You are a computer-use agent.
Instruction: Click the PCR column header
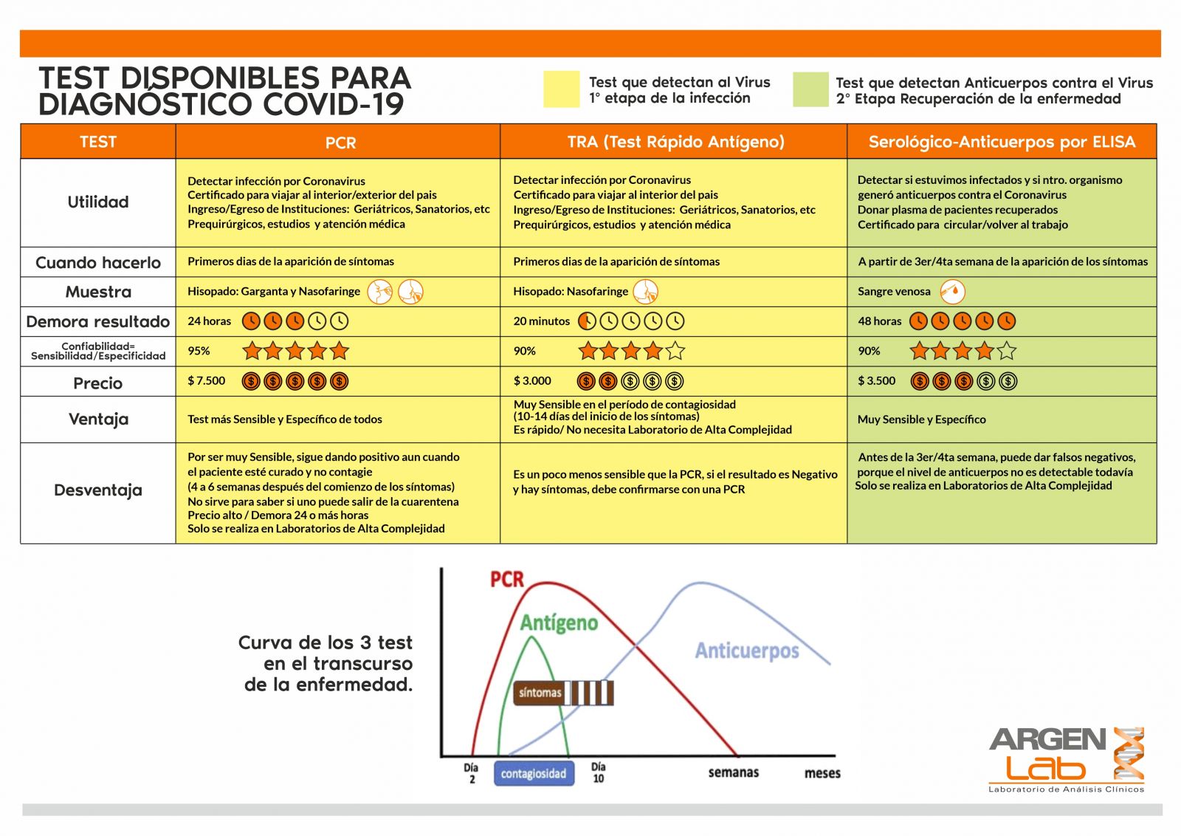pyautogui.click(x=340, y=143)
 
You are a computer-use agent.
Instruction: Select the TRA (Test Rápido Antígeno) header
pyautogui.click(x=675, y=142)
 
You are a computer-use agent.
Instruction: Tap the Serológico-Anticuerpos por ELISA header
pyautogui.click(x=1002, y=142)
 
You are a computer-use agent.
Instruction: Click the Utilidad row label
pyautogui.click(x=98, y=202)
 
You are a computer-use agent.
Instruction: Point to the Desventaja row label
pyautogui.click(x=98, y=490)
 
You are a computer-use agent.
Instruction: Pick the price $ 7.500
pyautogui.click(x=207, y=381)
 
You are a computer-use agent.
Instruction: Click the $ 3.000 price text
pyautogui.click(x=532, y=381)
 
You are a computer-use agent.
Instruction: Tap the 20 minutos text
pyautogui.click(x=542, y=321)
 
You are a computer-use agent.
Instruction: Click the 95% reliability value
pyautogui.click(x=199, y=351)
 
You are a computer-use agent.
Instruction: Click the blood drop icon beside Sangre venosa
pyautogui.click(x=952, y=292)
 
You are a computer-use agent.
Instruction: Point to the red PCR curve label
pyautogui.click(x=507, y=580)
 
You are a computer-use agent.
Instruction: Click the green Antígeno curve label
pyautogui.click(x=559, y=623)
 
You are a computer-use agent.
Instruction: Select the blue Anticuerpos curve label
pyautogui.click(x=747, y=651)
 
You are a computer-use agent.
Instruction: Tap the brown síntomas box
pyautogui.click(x=540, y=693)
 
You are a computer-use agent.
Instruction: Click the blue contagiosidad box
pyautogui.click(x=534, y=773)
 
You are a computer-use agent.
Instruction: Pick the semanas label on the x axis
pyautogui.click(x=733, y=772)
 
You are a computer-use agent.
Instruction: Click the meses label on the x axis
pyautogui.click(x=822, y=773)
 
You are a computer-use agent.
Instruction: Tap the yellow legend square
pyautogui.click(x=562, y=89)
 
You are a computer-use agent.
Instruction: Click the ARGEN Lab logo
pyautogui.click(x=1066, y=757)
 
